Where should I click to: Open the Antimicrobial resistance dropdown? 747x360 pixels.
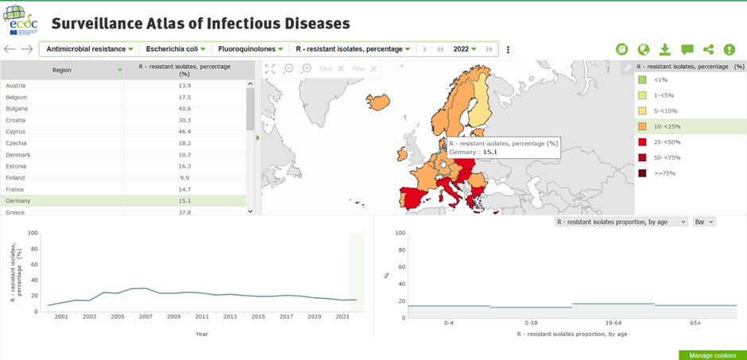tap(90, 49)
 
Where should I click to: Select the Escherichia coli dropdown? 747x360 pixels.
tap(176, 49)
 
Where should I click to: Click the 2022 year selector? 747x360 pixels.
tap(465, 49)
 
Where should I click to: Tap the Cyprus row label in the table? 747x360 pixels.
tap(17, 131)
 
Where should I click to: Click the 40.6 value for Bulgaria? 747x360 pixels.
tap(184, 108)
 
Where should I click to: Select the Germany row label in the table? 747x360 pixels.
tap(21, 201)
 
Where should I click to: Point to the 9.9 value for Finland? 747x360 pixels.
tap(184, 178)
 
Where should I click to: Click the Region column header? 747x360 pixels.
tap(62, 70)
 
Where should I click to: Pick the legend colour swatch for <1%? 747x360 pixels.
tap(641, 79)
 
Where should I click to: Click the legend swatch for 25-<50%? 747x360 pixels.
tap(641, 142)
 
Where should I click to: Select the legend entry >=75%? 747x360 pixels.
tap(664, 173)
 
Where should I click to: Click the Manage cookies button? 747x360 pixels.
tap(712, 355)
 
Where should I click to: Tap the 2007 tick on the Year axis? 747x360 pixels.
tap(145, 316)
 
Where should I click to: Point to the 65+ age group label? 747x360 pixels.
tap(696, 323)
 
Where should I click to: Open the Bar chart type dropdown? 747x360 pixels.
tap(704, 222)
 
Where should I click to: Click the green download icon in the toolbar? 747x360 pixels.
tap(665, 49)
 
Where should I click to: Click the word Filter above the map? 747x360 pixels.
tap(359, 69)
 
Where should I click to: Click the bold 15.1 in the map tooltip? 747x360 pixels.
tap(490, 152)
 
